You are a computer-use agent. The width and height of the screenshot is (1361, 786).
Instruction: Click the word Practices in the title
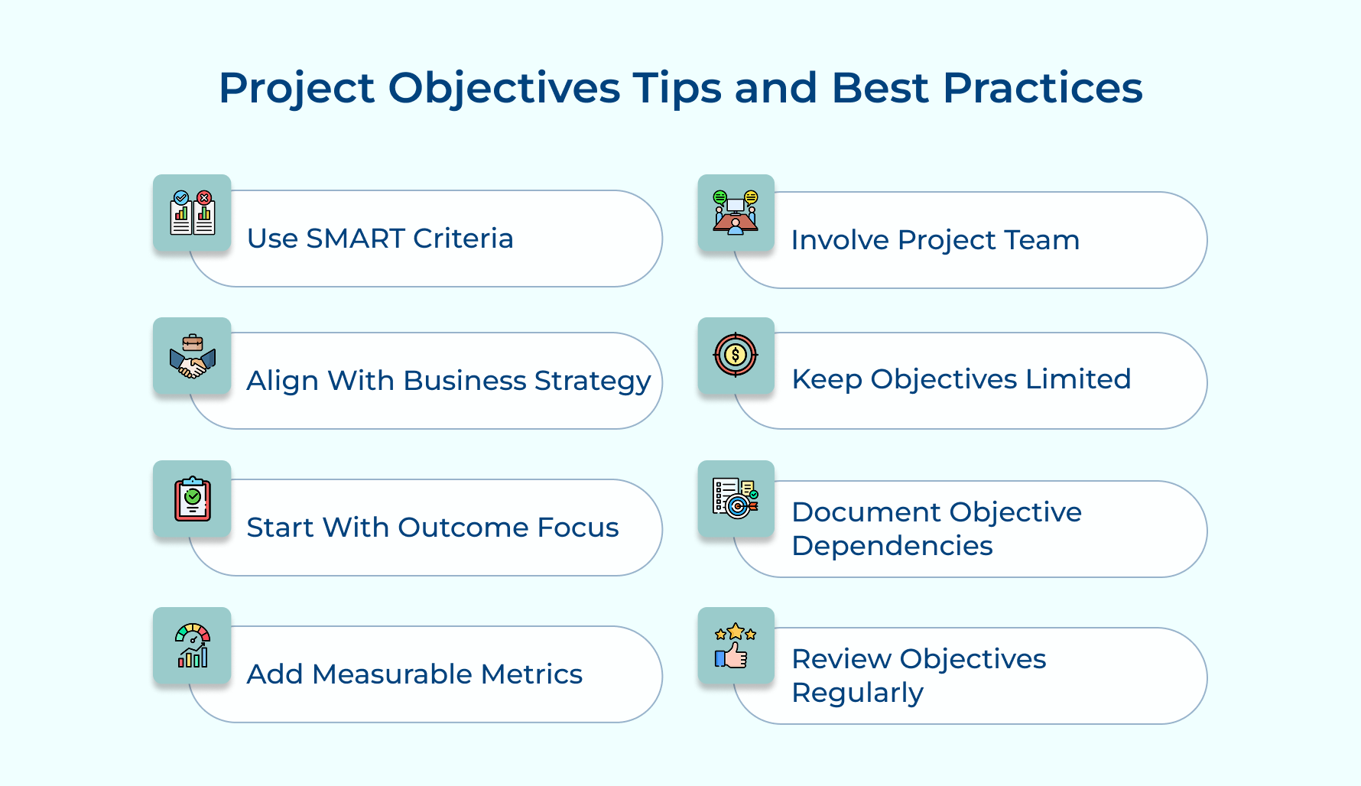coord(1042,88)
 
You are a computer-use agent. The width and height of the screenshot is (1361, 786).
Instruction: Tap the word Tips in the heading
coord(676,88)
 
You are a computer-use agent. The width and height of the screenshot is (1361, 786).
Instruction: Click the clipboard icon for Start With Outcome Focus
coord(192,499)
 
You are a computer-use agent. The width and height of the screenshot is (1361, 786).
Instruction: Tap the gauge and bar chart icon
coord(192,646)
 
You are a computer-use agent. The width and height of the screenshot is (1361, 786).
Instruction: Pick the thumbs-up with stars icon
coord(736,646)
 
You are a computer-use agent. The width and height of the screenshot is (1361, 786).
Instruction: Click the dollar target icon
coord(736,356)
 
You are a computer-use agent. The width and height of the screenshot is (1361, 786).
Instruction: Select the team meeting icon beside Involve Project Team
coord(736,213)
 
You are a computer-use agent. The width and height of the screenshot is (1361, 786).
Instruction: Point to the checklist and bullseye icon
coord(736,499)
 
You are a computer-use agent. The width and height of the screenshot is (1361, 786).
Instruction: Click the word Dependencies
coord(892,546)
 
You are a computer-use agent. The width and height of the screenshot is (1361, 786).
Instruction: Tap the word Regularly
coord(857,693)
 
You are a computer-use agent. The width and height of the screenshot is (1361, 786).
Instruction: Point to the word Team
coord(1041,240)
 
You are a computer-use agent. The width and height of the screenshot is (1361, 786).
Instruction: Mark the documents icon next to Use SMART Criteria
coord(192,213)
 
